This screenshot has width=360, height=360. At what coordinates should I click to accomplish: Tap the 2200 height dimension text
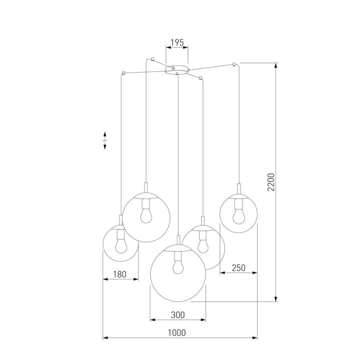[270, 183]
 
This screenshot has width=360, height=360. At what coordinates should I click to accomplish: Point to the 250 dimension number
[239, 268]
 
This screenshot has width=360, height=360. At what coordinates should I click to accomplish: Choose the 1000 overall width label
[176, 332]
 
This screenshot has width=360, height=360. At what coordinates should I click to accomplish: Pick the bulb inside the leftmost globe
[120, 244]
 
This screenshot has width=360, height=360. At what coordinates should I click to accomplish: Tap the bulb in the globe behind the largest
[203, 244]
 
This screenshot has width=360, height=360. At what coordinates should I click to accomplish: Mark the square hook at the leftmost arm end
[122, 73]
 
